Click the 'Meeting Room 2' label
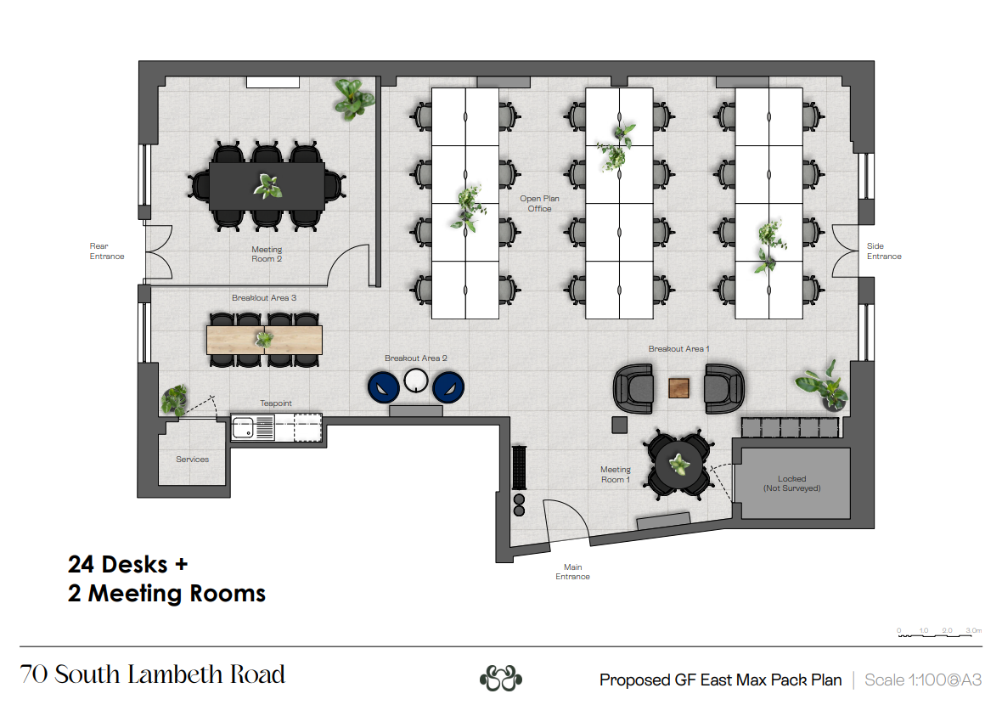tap(267, 254)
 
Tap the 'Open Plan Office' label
tap(539, 203)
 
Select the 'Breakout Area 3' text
tap(264, 298)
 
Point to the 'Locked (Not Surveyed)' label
tap(791, 483)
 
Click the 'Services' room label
tap(193, 459)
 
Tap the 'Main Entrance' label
tap(572, 572)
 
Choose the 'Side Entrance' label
tap(884, 251)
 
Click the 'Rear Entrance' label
tap(107, 251)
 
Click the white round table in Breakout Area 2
tap(416, 381)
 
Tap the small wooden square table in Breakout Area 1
tap(678, 388)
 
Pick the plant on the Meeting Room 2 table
tap(267, 186)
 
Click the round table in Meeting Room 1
tap(678, 464)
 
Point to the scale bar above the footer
tap(939, 634)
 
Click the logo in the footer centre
tap(501, 678)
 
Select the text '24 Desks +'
tap(128, 564)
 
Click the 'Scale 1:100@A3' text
tap(923, 680)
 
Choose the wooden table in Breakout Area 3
tap(264, 340)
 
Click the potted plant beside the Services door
tap(174, 400)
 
